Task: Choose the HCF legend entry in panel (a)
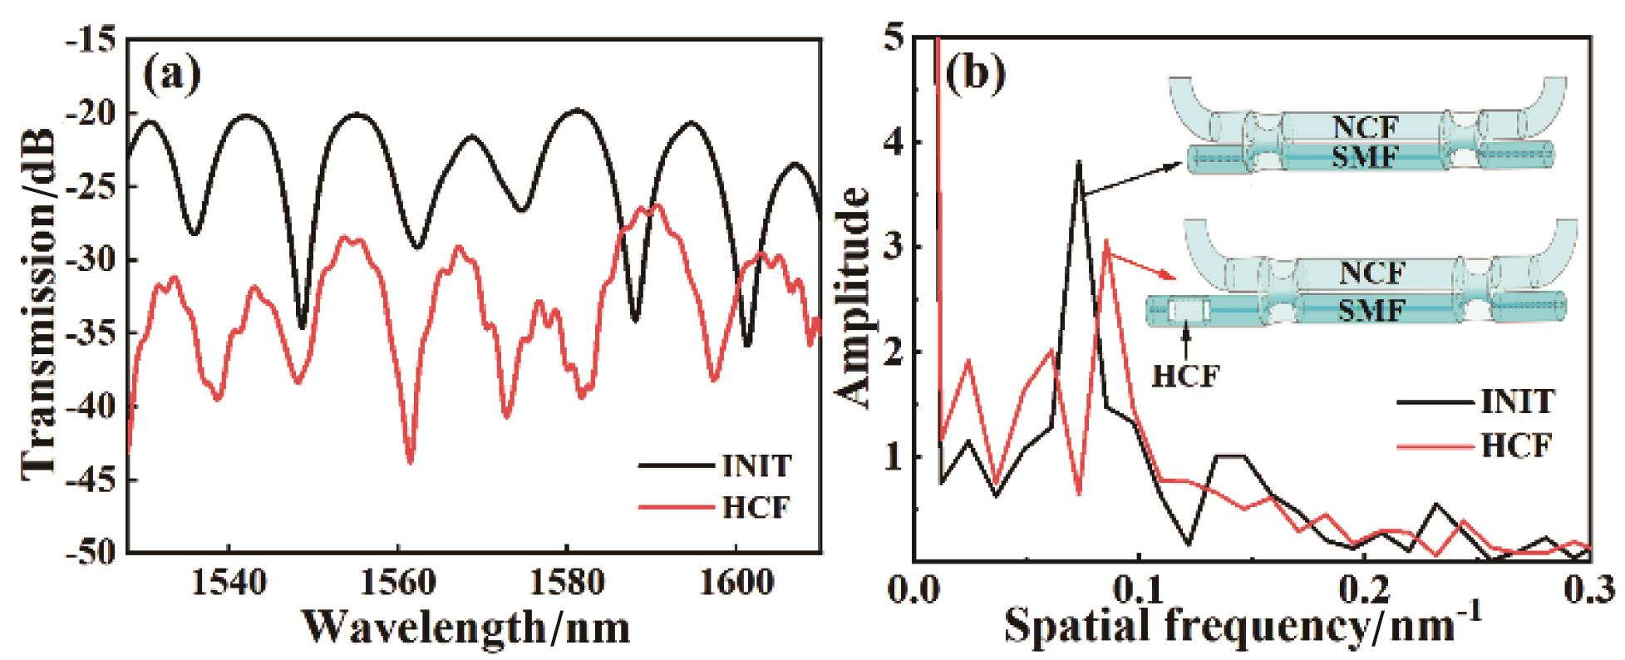[751, 506]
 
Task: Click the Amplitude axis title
[856, 297]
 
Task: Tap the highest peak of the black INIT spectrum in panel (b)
[1078, 162]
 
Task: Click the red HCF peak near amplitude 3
[1106, 241]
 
